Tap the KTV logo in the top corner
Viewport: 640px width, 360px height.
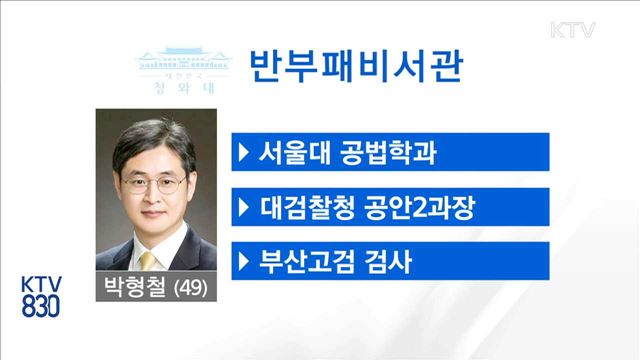tap(573, 29)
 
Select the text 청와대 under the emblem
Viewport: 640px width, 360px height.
tap(180, 87)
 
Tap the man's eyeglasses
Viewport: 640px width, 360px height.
tap(153, 185)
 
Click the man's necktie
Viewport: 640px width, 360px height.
tap(156, 261)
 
